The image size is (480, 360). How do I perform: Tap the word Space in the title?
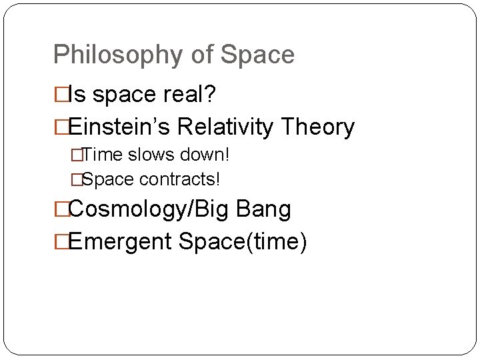pyautogui.click(x=257, y=55)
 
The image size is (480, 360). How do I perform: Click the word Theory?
pyautogui.click(x=318, y=127)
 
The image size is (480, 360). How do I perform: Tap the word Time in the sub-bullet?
pyautogui.click(x=101, y=155)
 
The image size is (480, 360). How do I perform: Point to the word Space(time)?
pyautogui.click(x=243, y=241)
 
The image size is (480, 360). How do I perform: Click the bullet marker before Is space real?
pyautogui.click(x=61, y=95)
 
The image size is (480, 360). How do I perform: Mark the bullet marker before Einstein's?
pyautogui.click(x=61, y=127)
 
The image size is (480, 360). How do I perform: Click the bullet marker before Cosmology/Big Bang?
pyautogui.click(x=61, y=209)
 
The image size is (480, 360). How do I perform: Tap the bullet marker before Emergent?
pyautogui.click(x=61, y=241)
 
